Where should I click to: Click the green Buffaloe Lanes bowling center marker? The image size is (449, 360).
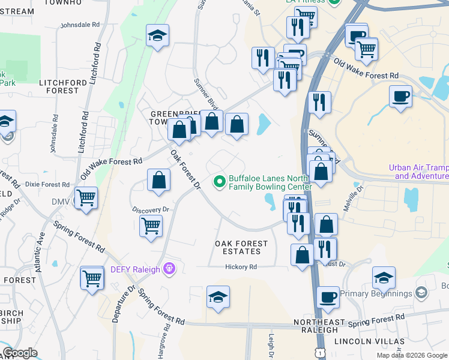[220, 180]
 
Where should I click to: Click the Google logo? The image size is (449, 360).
[20, 353]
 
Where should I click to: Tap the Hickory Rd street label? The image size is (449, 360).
[241, 266]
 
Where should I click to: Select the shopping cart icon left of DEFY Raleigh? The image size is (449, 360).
[92, 277]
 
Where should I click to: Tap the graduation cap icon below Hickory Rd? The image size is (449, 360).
[218, 296]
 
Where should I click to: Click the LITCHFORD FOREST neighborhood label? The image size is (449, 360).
[59, 86]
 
